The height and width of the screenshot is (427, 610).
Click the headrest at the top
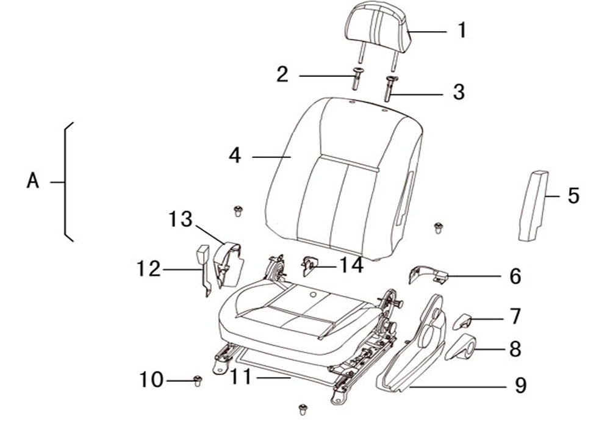coord(376,29)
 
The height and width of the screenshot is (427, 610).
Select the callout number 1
coord(462,30)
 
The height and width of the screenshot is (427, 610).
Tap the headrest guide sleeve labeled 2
coord(357,79)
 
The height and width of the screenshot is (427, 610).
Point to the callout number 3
coord(459,93)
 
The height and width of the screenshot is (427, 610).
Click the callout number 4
coord(235,156)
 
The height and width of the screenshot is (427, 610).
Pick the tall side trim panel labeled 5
coord(533,206)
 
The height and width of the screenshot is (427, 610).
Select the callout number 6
coord(515,276)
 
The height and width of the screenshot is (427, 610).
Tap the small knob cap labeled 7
coord(462,321)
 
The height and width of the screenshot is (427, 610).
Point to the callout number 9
coord(520,385)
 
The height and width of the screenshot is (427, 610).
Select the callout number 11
coord(241,377)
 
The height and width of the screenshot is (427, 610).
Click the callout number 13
coord(181,219)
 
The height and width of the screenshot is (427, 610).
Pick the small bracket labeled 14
coord(309,265)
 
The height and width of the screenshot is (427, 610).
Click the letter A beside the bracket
coord(33,181)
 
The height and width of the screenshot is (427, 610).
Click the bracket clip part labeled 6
coord(428,274)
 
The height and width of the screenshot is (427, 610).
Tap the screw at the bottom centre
coord(303,409)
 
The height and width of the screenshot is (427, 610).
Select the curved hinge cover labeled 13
coord(228,264)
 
